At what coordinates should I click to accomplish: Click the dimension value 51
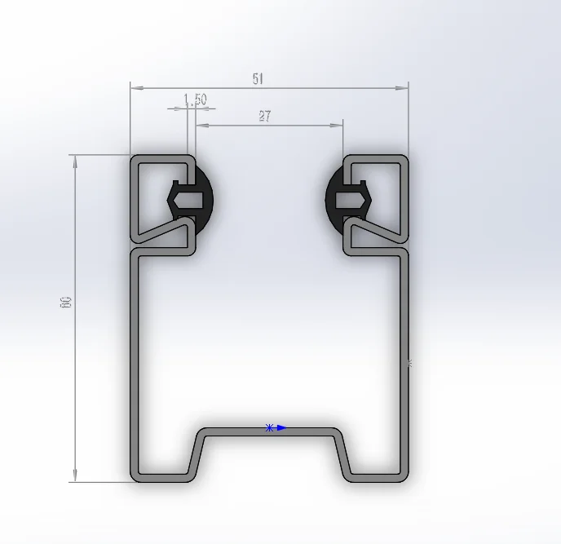click(x=258, y=79)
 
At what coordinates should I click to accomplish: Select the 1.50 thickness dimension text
click(x=195, y=100)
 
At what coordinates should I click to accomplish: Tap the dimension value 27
click(x=265, y=116)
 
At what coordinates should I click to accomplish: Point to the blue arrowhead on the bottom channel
click(x=281, y=427)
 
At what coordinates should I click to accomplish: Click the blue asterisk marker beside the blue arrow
click(x=269, y=427)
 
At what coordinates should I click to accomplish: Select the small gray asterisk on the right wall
click(x=409, y=364)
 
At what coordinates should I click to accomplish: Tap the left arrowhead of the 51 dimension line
click(x=136, y=86)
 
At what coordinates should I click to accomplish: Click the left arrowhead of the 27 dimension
click(x=201, y=126)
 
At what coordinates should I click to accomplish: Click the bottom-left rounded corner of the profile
click(x=135, y=476)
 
